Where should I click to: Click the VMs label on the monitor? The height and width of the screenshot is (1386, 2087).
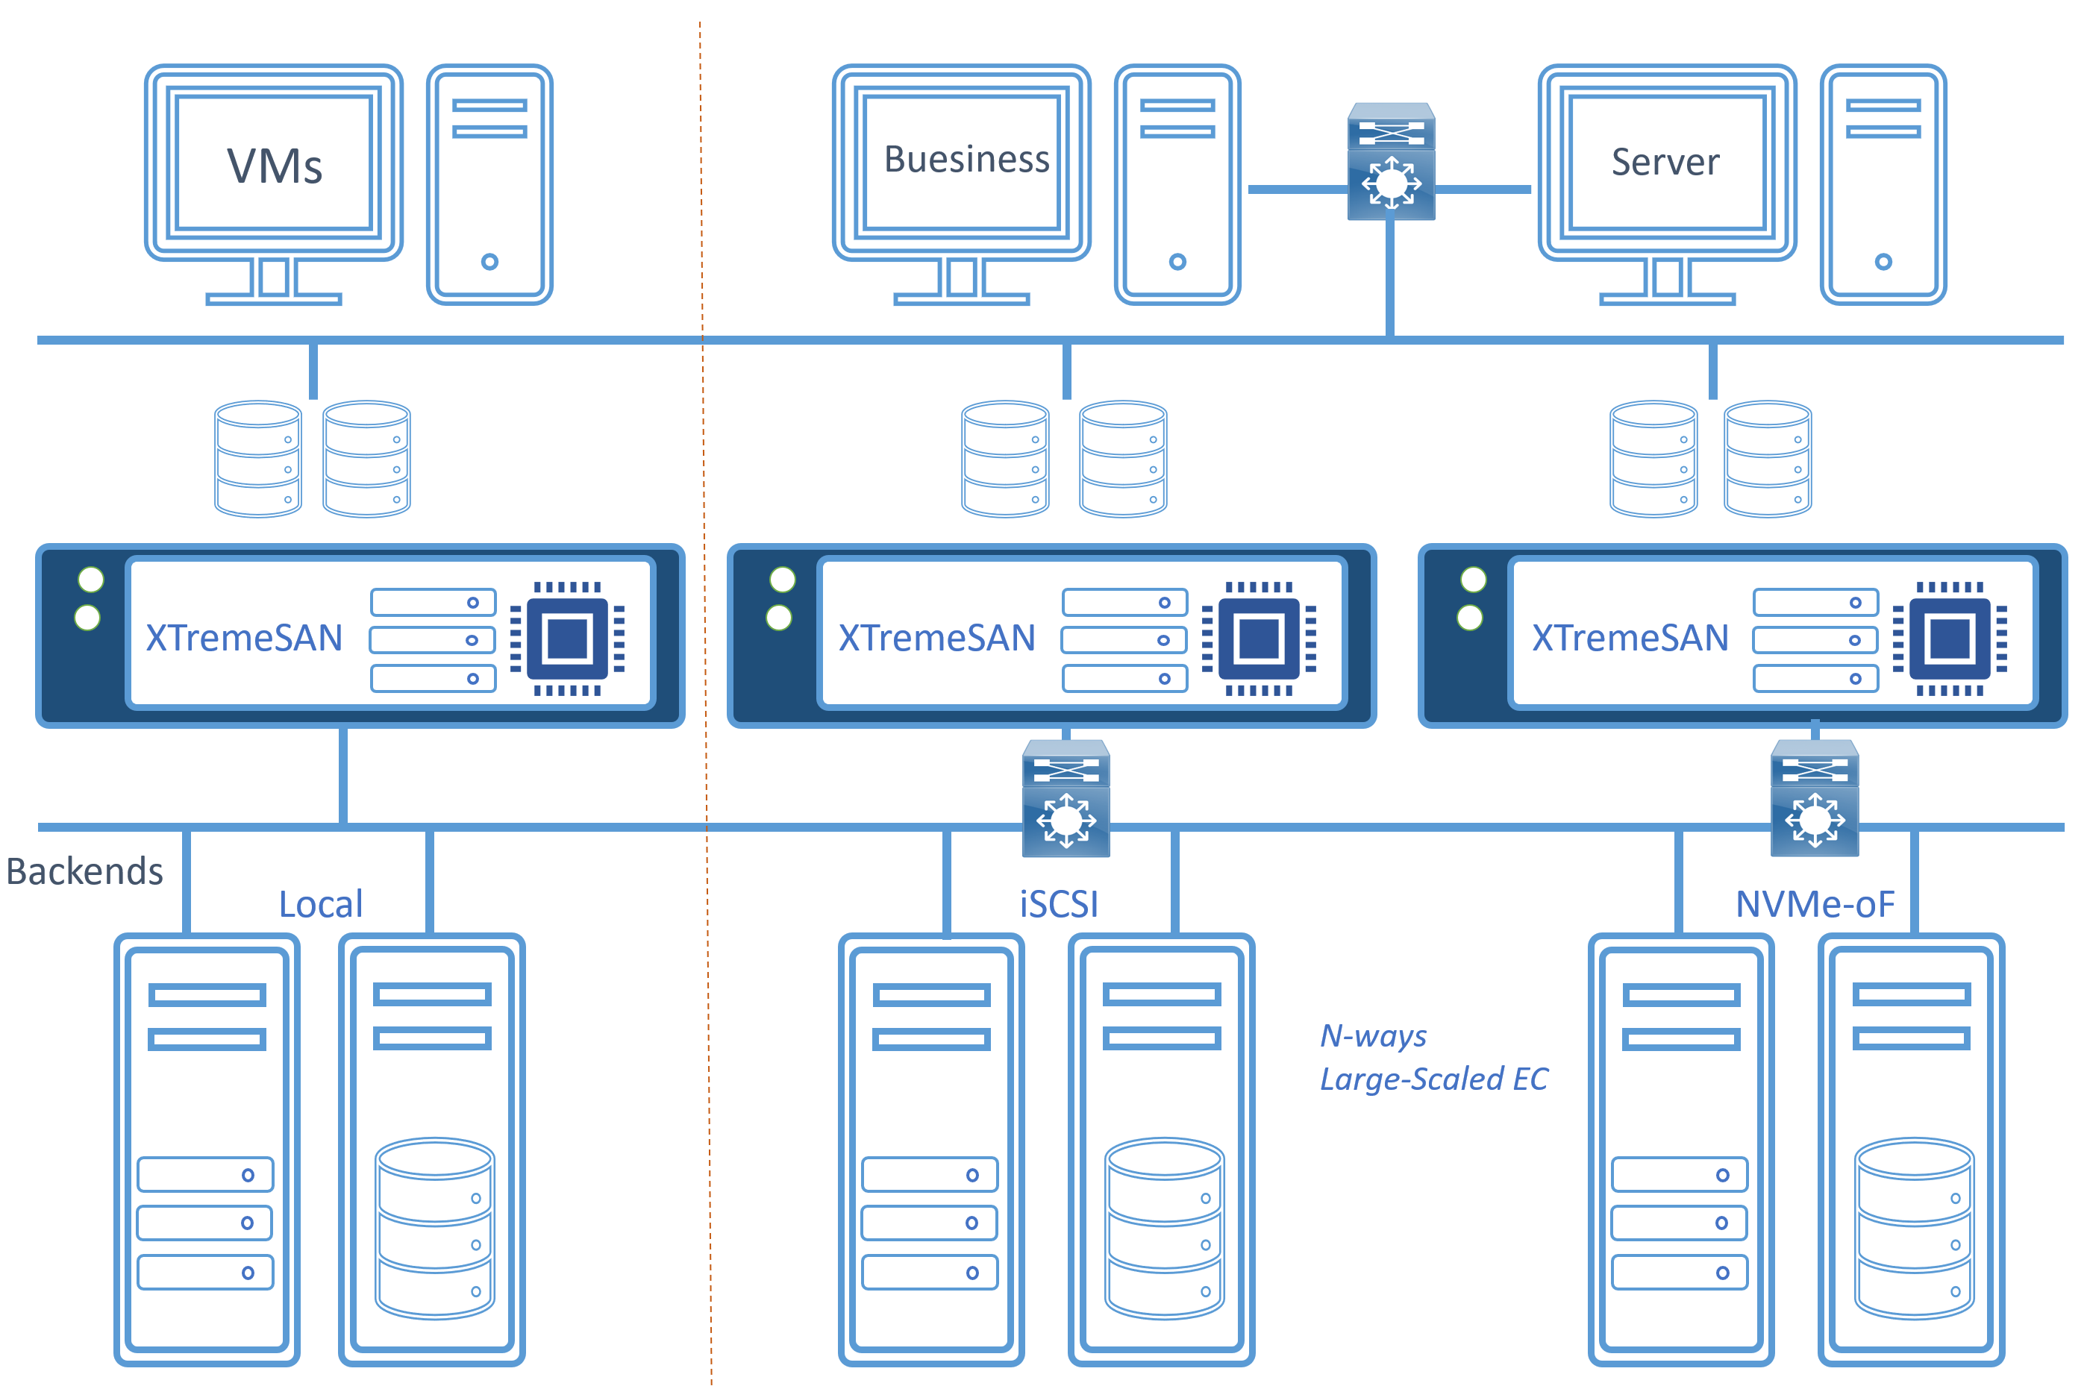[x=274, y=166]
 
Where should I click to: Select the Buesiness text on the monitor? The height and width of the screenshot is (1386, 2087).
[x=966, y=160]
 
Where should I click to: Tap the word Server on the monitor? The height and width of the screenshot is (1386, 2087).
[x=1665, y=162]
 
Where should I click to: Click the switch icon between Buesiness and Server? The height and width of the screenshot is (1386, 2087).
[x=1389, y=162]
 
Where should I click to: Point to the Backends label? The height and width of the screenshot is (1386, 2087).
[x=84, y=871]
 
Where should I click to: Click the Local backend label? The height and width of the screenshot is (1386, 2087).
[x=320, y=904]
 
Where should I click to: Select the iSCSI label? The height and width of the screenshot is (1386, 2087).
[x=1058, y=904]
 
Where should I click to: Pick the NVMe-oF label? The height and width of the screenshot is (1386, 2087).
[x=1814, y=904]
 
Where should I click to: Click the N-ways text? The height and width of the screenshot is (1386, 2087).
[x=1372, y=1035]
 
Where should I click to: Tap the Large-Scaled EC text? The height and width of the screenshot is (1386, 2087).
[x=1432, y=1079]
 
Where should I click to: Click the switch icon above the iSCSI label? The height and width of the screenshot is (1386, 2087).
[x=1066, y=799]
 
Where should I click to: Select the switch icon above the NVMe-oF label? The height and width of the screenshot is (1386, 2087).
[x=1814, y=799]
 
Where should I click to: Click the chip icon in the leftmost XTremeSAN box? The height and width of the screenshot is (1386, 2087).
[x=568, y=639]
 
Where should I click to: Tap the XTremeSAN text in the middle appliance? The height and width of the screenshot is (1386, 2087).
[x=936, y=639]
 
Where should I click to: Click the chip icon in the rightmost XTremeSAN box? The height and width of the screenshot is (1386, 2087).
[x=1949, y=639]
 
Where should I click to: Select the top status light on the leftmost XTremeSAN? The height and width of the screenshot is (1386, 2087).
[x=91, y=580]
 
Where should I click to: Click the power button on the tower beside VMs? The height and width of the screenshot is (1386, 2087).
[x=489, y=262]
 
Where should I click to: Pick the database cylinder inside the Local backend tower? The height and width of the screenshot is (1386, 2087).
[x=434, y=1229]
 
